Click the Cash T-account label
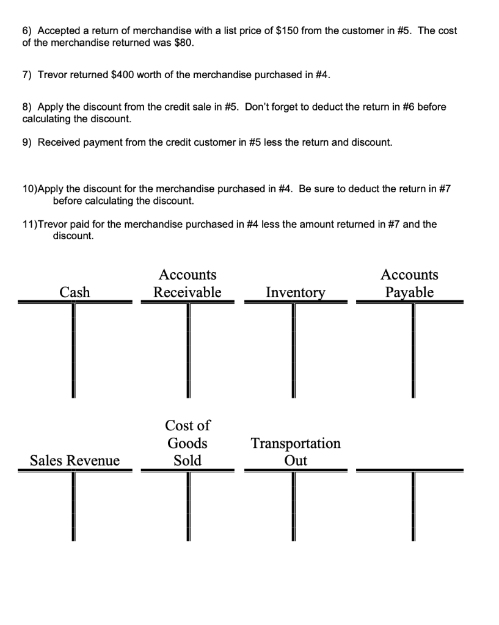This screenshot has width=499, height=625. click(75, 292)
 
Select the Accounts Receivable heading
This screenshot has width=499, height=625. click(187, 284)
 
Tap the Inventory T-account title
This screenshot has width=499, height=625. click(295, 292)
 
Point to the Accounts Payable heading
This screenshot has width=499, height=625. click(409, 284)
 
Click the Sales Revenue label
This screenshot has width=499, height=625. click(75, 460)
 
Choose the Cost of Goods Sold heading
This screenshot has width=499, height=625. click(187, 443)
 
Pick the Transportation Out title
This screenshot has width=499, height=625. click(296, 452)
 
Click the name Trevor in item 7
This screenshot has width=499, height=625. click(53, 74)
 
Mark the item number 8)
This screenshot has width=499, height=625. click(27, 107)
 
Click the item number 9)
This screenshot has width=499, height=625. click(27, 142)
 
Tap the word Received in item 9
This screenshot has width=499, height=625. click(59, 142)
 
